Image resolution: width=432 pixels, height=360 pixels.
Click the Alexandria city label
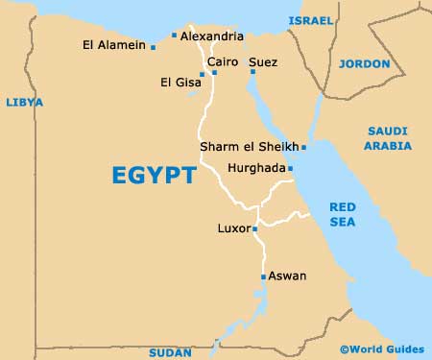pyautogui.click(x=211, y=36)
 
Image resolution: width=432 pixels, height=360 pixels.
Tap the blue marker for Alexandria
pyautogui.click(x=174, y=36)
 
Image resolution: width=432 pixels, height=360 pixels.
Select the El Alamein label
pyautogui.click(x=114, y=45)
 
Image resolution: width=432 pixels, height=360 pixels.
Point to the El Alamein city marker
pyautogui.click(x=153, y=45)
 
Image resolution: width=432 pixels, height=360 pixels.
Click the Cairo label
pyautogui.click(x=223, y=62)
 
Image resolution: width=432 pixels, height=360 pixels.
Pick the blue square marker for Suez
pyautogui.click(x=253, y=70)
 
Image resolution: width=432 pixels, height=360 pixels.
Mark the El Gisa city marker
pyautogui.click(x=202, y=74)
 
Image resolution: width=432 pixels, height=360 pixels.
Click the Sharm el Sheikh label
pyautogui.click(x=249, y=147)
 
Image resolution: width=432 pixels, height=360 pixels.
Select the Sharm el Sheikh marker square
pyautogui.click(x=303, y=148)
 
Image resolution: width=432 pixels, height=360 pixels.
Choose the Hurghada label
pyautogui.click(x=256, y=168)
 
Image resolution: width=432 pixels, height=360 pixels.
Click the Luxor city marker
pyautogui.click(x=254, y=228)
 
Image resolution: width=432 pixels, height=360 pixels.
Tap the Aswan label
pyautogui.click(x=287, y=276)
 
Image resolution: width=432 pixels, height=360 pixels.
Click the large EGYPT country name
pyautogui.click(x=154, y=176)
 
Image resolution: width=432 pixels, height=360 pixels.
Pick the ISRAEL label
pyautogui.click(x=311, y=19)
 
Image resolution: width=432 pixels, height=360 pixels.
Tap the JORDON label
pyautogui.click(x=365, y=64)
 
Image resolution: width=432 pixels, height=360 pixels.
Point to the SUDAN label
pyautogui.click(x=171, y=352)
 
